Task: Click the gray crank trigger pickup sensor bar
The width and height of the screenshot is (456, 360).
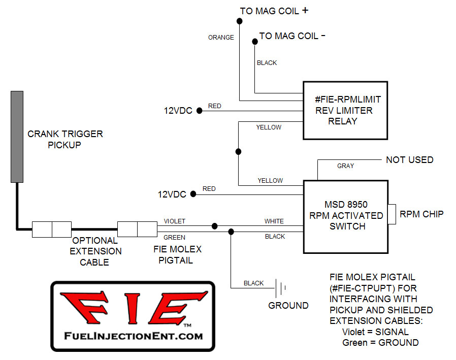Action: pyautogui.click(x=17, y=137)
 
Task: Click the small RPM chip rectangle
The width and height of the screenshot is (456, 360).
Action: pyautogui.click(x=392, y=214)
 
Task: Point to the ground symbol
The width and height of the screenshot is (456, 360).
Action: pyautogui.click(x=281, y=288)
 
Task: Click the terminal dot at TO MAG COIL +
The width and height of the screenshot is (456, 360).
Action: pyautogui.click(x=239, y=21)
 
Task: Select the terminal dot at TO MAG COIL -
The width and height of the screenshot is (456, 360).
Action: pyautogui.click(x=255, y=42)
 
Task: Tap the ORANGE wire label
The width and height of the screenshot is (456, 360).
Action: pyautogui.click(x=221, y=38)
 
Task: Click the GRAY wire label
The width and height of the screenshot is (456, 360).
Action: pyautogui.click(x=345, y=166)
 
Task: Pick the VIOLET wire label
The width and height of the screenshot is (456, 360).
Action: pyautogui.click(x=174, y=221)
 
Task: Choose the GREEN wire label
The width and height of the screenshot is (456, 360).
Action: pyautogui.click(x=174, y=238)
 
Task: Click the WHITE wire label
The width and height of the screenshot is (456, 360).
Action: pyautogui.click(x=274, y=221)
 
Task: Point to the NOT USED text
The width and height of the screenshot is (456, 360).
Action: pyautogui.click(x=409, y=159)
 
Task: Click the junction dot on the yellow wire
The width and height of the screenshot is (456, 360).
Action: pyautogui.click(x=238, y=151)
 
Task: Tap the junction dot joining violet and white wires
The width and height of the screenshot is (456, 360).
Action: pyautogui.click(x=214, y=226)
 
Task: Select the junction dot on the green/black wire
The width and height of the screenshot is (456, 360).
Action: pyautogui.click(x=231, y=232)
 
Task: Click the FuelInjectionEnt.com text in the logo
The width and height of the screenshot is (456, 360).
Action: pyautogui.click(x=133, y=336)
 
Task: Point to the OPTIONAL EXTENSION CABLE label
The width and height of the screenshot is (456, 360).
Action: pyautogui.click(x=95, y=251)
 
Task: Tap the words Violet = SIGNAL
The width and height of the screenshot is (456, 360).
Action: pyautogui.click(x=375, y=332)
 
